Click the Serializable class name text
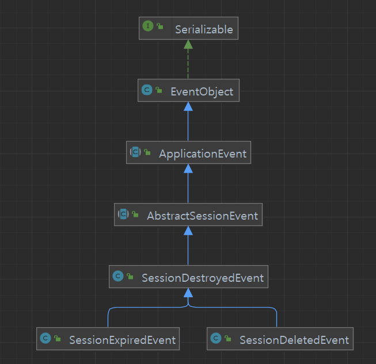click(x=204, y=29)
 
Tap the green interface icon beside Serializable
click(x=148, y=27)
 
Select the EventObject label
click(x=202, y=91)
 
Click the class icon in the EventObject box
click(x=146, y=90)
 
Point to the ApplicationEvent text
click(x=203, y=154)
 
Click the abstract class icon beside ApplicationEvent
click(x=135, y=152)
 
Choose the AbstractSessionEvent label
click(x=202, y=216)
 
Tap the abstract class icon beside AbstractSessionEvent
click(x=123, y=214)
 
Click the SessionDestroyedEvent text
click(x=203, y=278)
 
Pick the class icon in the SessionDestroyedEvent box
click(x=118, y=277)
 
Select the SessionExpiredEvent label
click(x=122, y=340)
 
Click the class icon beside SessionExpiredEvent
click(x=45, y=339)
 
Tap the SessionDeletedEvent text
click(x=294, y=340)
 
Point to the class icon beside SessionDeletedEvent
click(x=216, y=339)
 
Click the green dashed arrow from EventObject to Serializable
click(x=188, y=61)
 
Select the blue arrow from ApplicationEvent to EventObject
click(x=188, y=123)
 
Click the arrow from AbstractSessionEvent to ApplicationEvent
click(x=188, y=185)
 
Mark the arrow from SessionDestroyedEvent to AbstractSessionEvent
click(x=188, y=247)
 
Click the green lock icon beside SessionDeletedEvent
click(x=229, y=339)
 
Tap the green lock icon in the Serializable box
click(x=160, y=28)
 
